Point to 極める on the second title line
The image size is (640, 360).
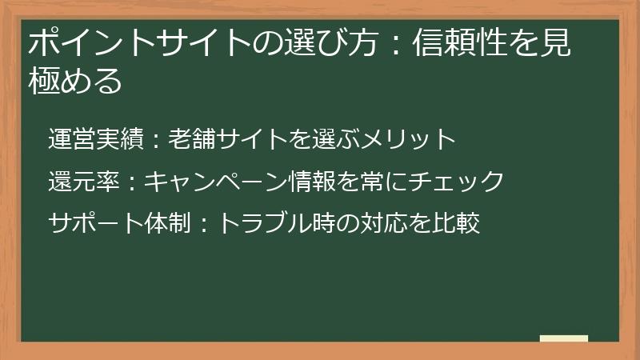pos(74,81)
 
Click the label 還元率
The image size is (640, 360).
pos(82,181)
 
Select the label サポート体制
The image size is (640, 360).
pos(118,223)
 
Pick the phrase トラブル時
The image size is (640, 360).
pos(263,223)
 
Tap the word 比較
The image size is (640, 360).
pos(455,223)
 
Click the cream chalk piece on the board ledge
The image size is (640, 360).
pos(563,338)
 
